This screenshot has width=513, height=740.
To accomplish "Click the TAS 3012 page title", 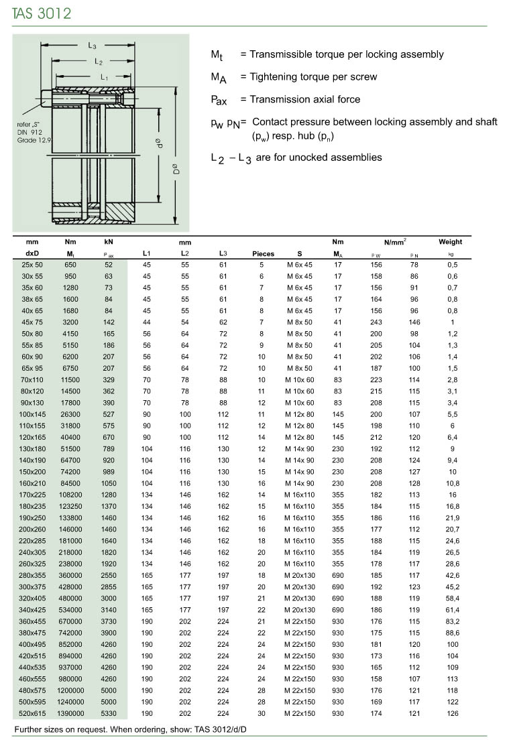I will [x=42, y=13].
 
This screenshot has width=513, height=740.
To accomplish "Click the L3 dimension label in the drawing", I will [x=93, y=46].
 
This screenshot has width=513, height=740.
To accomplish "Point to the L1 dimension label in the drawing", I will [x=105, y=77].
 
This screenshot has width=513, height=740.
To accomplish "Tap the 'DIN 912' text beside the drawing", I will [x=31, y=133].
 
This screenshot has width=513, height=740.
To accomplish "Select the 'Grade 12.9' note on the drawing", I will [x=32, y=141].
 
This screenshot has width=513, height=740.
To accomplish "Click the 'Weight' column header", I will [x=450, y=242].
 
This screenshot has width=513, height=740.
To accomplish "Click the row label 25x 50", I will [x=32, y=265].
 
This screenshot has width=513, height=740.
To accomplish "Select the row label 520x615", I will [x=32, y=714].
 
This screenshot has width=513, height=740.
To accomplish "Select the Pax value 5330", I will [x=109, y=714].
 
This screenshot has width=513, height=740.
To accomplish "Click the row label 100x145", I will [x=32, y=414].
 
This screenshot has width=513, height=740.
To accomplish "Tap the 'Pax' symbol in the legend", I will [x=219, y=101].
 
